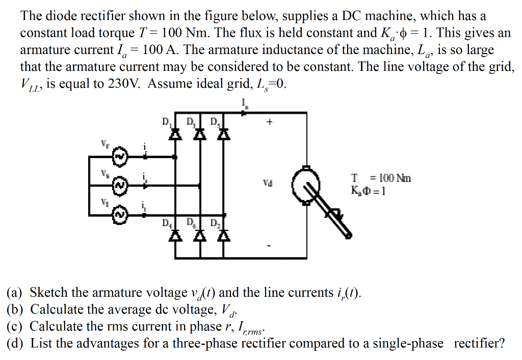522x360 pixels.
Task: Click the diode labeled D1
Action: tap(176, 134)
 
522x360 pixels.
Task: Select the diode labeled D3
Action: tap(200, 134)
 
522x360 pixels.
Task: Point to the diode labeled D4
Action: tap(176, 235)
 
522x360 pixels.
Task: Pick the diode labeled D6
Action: tap(200, 235)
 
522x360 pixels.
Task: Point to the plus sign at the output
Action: tap(270, 122)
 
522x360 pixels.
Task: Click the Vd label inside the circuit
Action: tap(268, 182)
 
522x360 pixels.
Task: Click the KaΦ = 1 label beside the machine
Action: tap(368, 192)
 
